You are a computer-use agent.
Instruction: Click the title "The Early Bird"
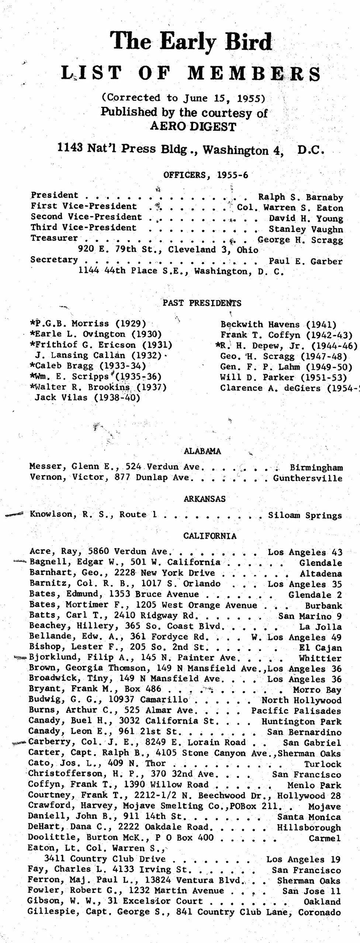pos(192,41)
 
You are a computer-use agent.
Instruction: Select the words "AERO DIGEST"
pos(193,126)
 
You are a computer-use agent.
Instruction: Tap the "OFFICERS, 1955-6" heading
pos(205,175)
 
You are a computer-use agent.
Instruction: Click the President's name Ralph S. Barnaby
pos(300,197)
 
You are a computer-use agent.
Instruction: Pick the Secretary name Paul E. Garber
pos(305,262)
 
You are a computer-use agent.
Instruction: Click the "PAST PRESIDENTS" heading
pos(202,303)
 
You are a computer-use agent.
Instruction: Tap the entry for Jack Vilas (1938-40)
pos(87,398)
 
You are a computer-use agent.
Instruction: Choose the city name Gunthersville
pos(308,478)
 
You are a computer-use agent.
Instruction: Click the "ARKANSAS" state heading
pos(205,499)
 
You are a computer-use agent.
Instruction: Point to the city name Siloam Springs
pos(305,515)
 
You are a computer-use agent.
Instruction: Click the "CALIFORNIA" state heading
pos(210,536)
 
